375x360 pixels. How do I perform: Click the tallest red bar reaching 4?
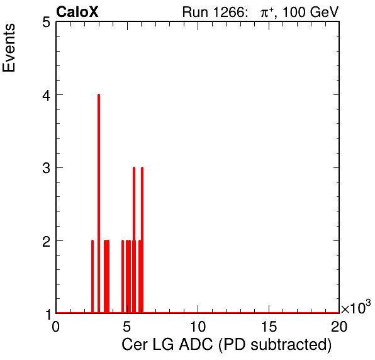pos(99,203)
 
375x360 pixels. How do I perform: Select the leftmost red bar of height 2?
pos(92,276)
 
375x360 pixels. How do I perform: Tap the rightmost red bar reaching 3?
pos(142,240)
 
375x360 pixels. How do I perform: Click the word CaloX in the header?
pos(77,12)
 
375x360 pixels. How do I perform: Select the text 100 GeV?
pos(311,12)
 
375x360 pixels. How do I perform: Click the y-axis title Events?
pos(9,48)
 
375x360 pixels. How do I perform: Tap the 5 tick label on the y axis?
pos(46,23)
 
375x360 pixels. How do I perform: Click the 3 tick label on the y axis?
pos(46,168)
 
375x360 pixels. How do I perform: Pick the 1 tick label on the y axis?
pos(48,314)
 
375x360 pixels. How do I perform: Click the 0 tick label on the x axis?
pos(56,326)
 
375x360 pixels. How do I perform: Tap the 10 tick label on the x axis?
pos(198,326)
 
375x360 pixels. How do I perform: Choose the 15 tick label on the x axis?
pos(269,326)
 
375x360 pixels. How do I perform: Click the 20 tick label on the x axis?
pos(339,326)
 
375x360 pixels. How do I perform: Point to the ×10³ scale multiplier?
pos(356,307)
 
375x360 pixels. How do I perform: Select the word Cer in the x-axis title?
pos(134,345)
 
